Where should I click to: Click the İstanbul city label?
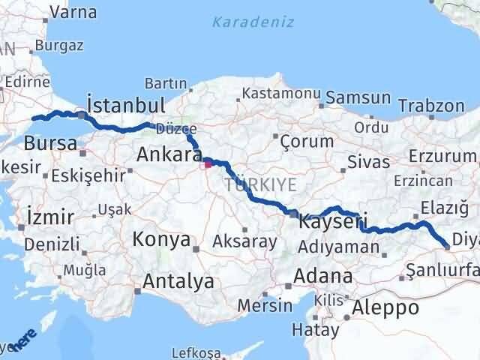[124, 104]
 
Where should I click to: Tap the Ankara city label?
[169, 155]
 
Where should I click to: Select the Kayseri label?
[333, 222]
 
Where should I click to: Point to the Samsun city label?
[358, 97]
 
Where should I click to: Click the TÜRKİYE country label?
[259, 184]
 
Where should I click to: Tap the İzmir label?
[49, 217]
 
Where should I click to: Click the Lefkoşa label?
[196, 352]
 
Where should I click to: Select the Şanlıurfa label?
[443, 270]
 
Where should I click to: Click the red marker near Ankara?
[208, 160]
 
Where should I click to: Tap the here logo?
[22, 341]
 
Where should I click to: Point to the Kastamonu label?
[277, 94]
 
